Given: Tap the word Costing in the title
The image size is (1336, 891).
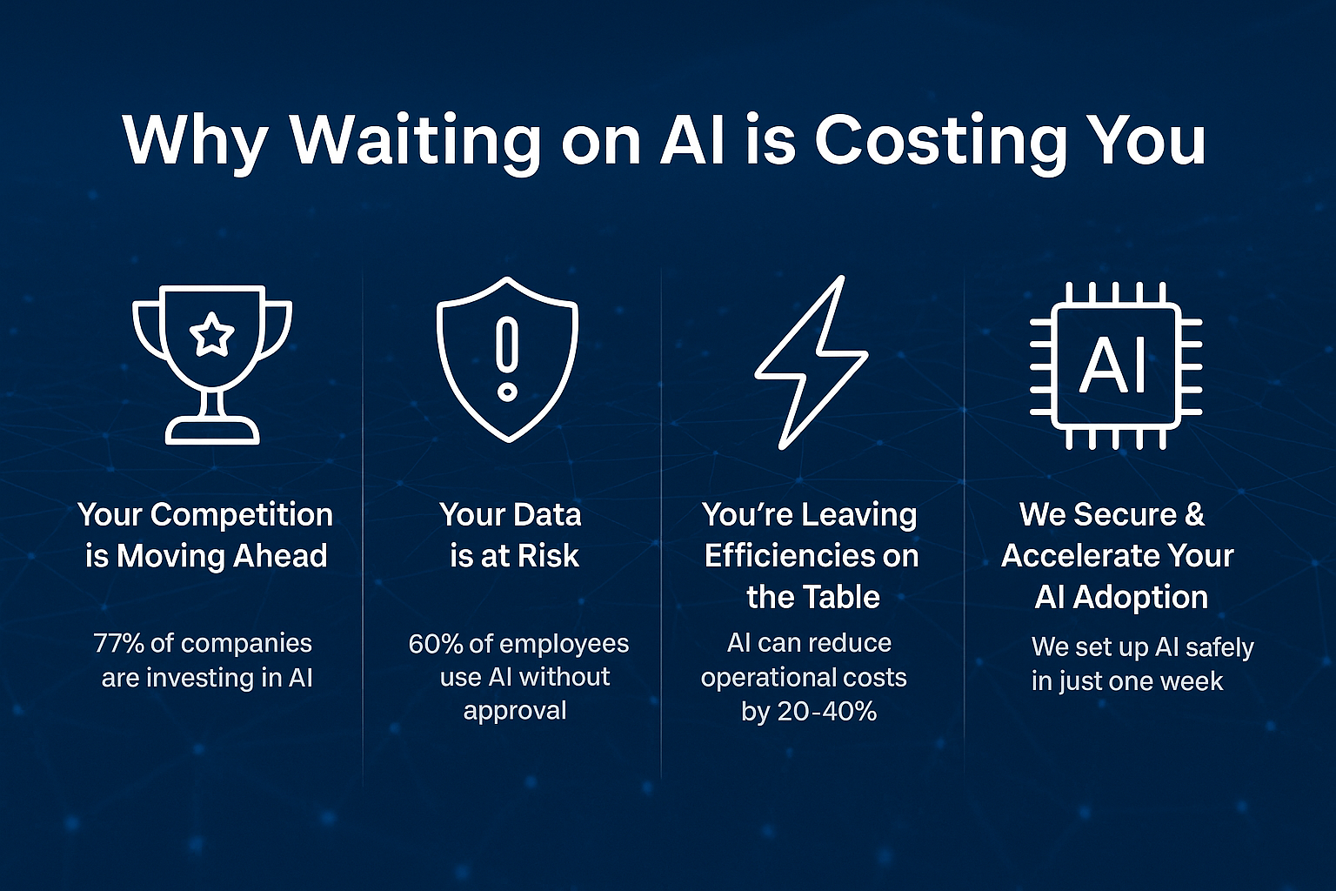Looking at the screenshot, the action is click(942, 141).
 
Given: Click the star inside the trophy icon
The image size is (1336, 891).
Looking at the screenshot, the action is click(211, 335).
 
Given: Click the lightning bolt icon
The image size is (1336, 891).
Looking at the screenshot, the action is click(812, 362).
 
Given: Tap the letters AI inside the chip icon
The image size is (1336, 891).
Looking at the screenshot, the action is click(1113, 365).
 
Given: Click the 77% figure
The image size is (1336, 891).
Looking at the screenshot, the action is click(118, 643).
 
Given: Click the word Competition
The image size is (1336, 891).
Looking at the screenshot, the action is click(242, 515).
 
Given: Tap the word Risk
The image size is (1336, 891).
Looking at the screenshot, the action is click(548, 556).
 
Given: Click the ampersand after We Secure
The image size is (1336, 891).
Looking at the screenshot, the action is click(1194, 514).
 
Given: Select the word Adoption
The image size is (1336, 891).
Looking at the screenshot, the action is click(1140, 598).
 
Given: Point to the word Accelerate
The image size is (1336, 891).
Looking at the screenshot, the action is click(1067, 556).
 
